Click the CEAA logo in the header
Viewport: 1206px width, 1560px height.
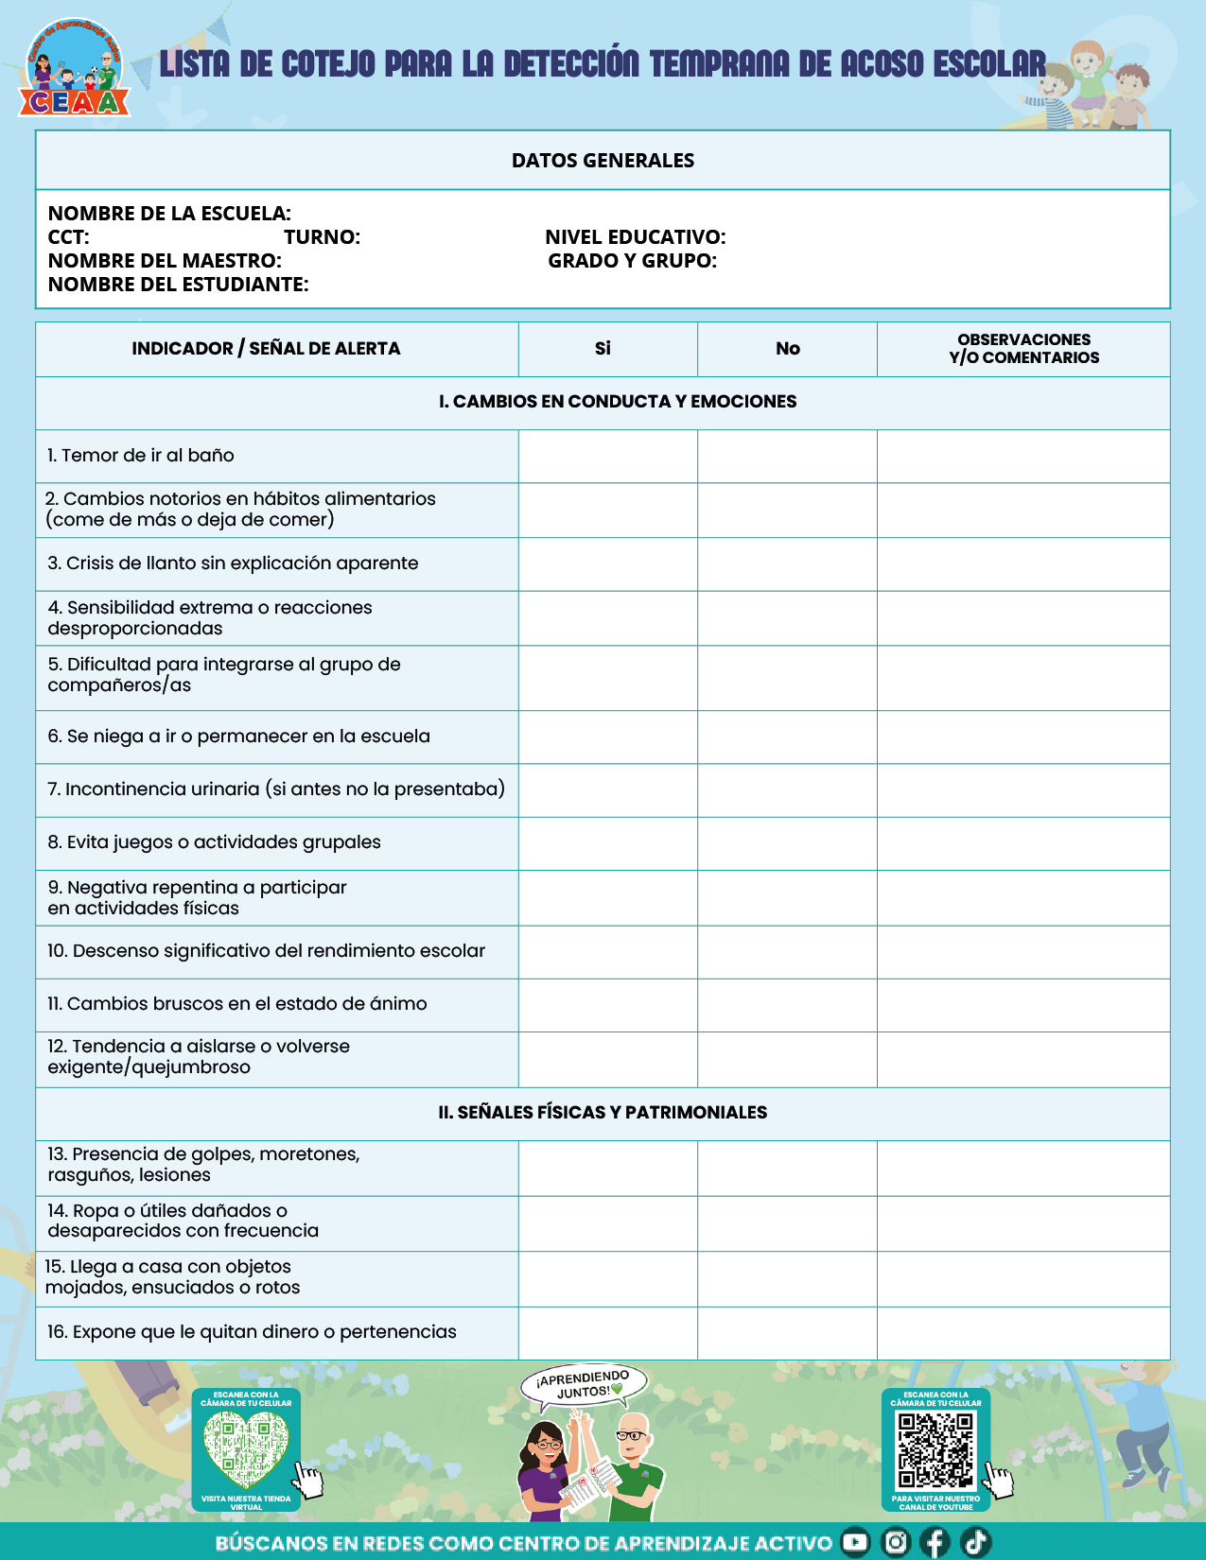click(73, 72)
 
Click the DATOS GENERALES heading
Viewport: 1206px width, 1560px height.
click(603, 161)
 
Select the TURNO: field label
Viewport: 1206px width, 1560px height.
click(322, 237)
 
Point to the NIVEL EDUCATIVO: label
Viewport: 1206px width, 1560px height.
click(635, 237)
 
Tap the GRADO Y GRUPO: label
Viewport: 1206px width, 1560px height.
click(632, 261)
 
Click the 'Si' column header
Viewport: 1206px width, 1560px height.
click(603, 349)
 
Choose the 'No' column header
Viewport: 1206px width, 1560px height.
click(787, 349)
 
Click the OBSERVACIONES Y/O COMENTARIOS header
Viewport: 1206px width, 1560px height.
click(1023, 349)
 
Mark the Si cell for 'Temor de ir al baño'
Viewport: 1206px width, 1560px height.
click(607, 456)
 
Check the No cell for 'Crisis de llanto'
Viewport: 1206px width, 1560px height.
click(787, 563)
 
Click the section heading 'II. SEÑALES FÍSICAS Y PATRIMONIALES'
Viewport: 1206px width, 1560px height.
click(603, 1113)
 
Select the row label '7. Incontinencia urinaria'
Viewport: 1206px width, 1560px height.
click(276, 789)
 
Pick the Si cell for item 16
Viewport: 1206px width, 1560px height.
click(607, 1332)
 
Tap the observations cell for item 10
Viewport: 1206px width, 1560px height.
click(1023, 951)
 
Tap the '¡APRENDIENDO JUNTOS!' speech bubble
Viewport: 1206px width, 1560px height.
click(585, 1384)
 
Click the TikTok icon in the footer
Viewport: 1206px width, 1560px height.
click(975, 1542)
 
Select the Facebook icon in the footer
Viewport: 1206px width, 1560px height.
click(935, 1542)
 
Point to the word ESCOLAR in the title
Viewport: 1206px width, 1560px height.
click(989, 64)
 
